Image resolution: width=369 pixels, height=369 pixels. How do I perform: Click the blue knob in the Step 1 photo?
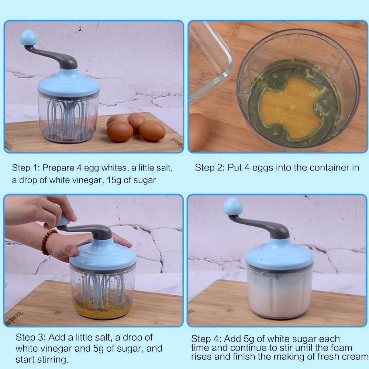pos(29,38)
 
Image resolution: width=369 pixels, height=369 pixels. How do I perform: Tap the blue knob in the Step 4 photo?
pos(233,207)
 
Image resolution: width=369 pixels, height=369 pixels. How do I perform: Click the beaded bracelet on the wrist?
pos(47,242)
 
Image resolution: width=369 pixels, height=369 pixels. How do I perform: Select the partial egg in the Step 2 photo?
pos(199,132)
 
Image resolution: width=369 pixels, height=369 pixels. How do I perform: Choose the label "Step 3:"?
pos(31,338)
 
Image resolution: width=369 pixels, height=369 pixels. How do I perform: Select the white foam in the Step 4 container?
pos(280,295)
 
